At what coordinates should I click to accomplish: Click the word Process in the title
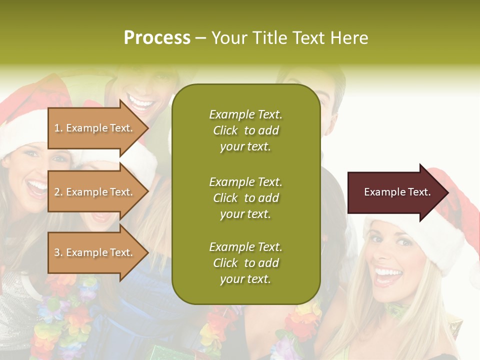(x=157, y=38)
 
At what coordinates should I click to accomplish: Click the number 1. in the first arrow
(x=58, y=128)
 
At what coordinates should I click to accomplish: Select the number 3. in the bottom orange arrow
(x=58, y=253)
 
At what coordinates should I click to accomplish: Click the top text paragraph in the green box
(x=245, y=130)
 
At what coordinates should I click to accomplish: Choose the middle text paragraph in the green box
(x=245, y=197)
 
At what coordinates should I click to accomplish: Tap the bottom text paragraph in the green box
(x=245, y=263)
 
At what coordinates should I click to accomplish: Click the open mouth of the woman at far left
(x=37, y=187)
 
